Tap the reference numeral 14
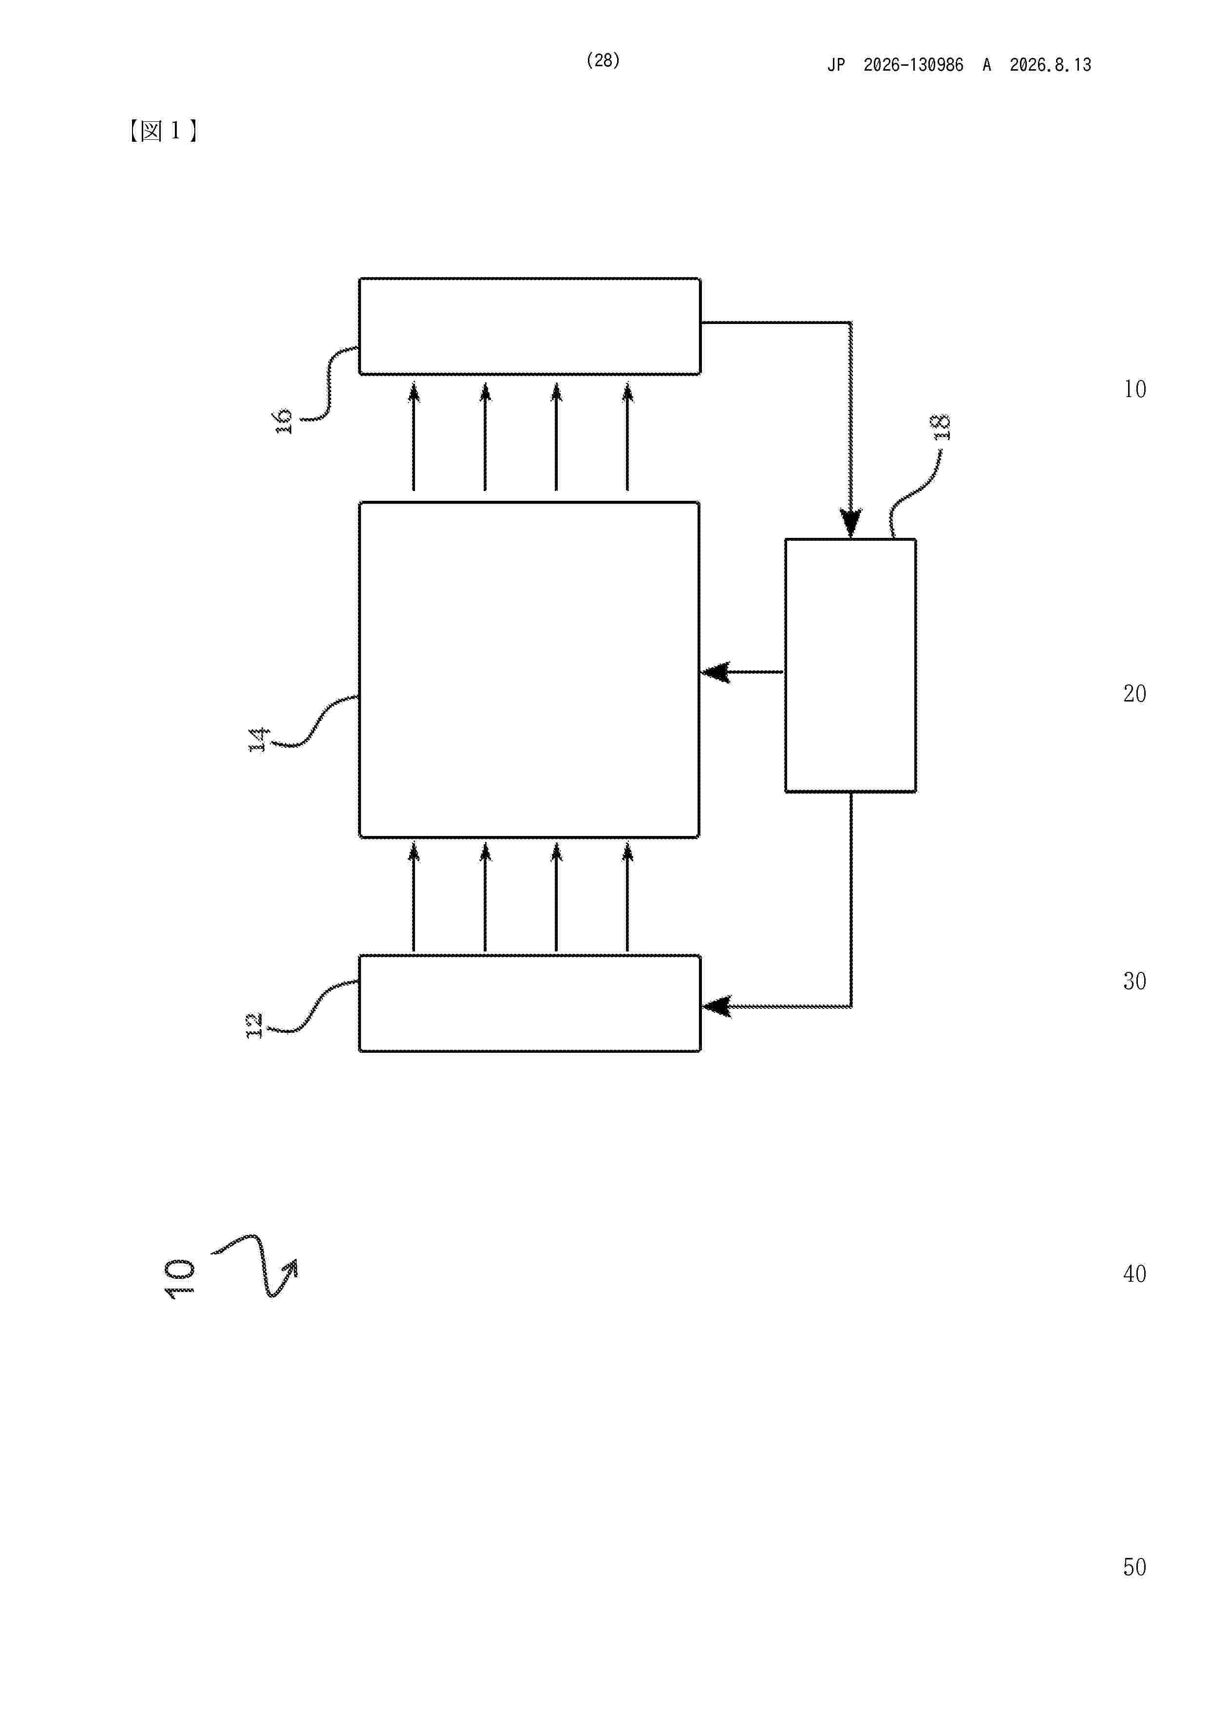(258, 740)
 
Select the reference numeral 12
(255, 1025)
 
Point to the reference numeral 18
(942, 427)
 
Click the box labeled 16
(529, 326)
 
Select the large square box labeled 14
(529, 670)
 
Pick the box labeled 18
(851, 665)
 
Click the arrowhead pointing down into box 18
(851, 523)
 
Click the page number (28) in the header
(603, 60)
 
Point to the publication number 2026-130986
(913, 65)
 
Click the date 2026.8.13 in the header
(1050, 65)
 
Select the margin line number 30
(1134, 981)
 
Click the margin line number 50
(1134, 1568)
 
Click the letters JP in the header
(837, 65)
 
